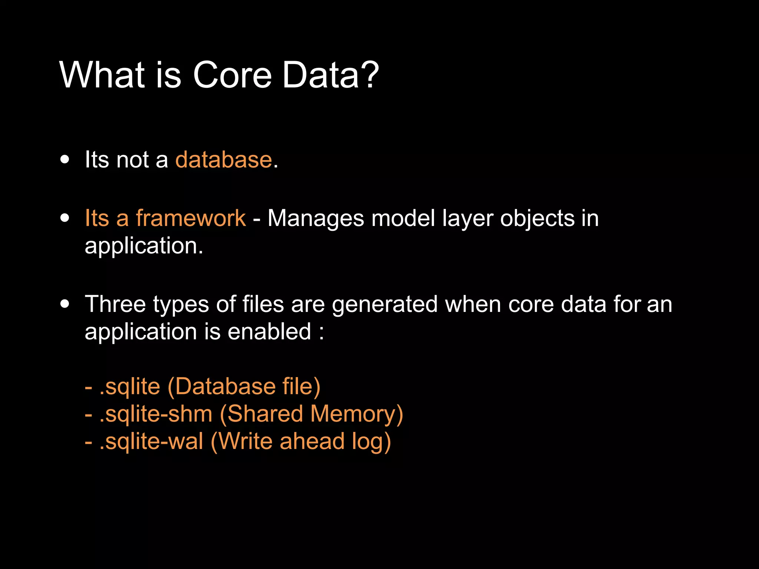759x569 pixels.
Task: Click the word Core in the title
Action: pos(232,75)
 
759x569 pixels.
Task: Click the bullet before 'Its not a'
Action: pos(65,160)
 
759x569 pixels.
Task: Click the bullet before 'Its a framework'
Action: pos(65,218)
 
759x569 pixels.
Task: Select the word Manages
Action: pos(316,219)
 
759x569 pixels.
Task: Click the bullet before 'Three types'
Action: pos(65,304)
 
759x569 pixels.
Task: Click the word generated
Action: pos(385,305)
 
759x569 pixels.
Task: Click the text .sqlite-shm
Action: pos(156,414)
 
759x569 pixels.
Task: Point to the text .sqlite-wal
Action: pos(151,441)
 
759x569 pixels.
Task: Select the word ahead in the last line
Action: pos(312,441)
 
